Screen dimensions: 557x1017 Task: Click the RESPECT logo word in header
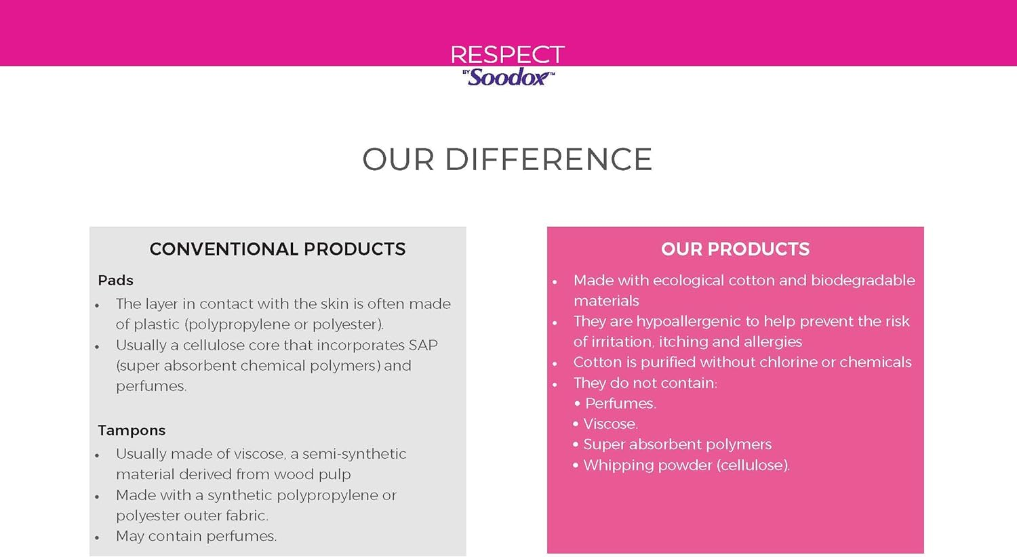tap(507, 55)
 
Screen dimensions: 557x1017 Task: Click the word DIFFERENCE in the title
tap(548, 160)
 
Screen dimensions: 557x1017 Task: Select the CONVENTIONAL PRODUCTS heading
tap(277, 249)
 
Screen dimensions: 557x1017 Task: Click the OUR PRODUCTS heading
tap(735, 249)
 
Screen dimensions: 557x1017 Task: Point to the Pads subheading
tap(115, 281)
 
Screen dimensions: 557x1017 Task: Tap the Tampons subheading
tap(132, 430)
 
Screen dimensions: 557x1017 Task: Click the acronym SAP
tap(423, 345)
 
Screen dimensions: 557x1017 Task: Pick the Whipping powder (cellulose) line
tap(686, 466)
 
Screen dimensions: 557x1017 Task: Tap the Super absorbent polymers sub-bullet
tap(677, 445)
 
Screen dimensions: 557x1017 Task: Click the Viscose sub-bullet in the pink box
tap(610, 424)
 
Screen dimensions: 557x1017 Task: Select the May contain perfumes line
tap(196, 536)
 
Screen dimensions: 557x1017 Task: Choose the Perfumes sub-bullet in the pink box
tap(620, 404)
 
